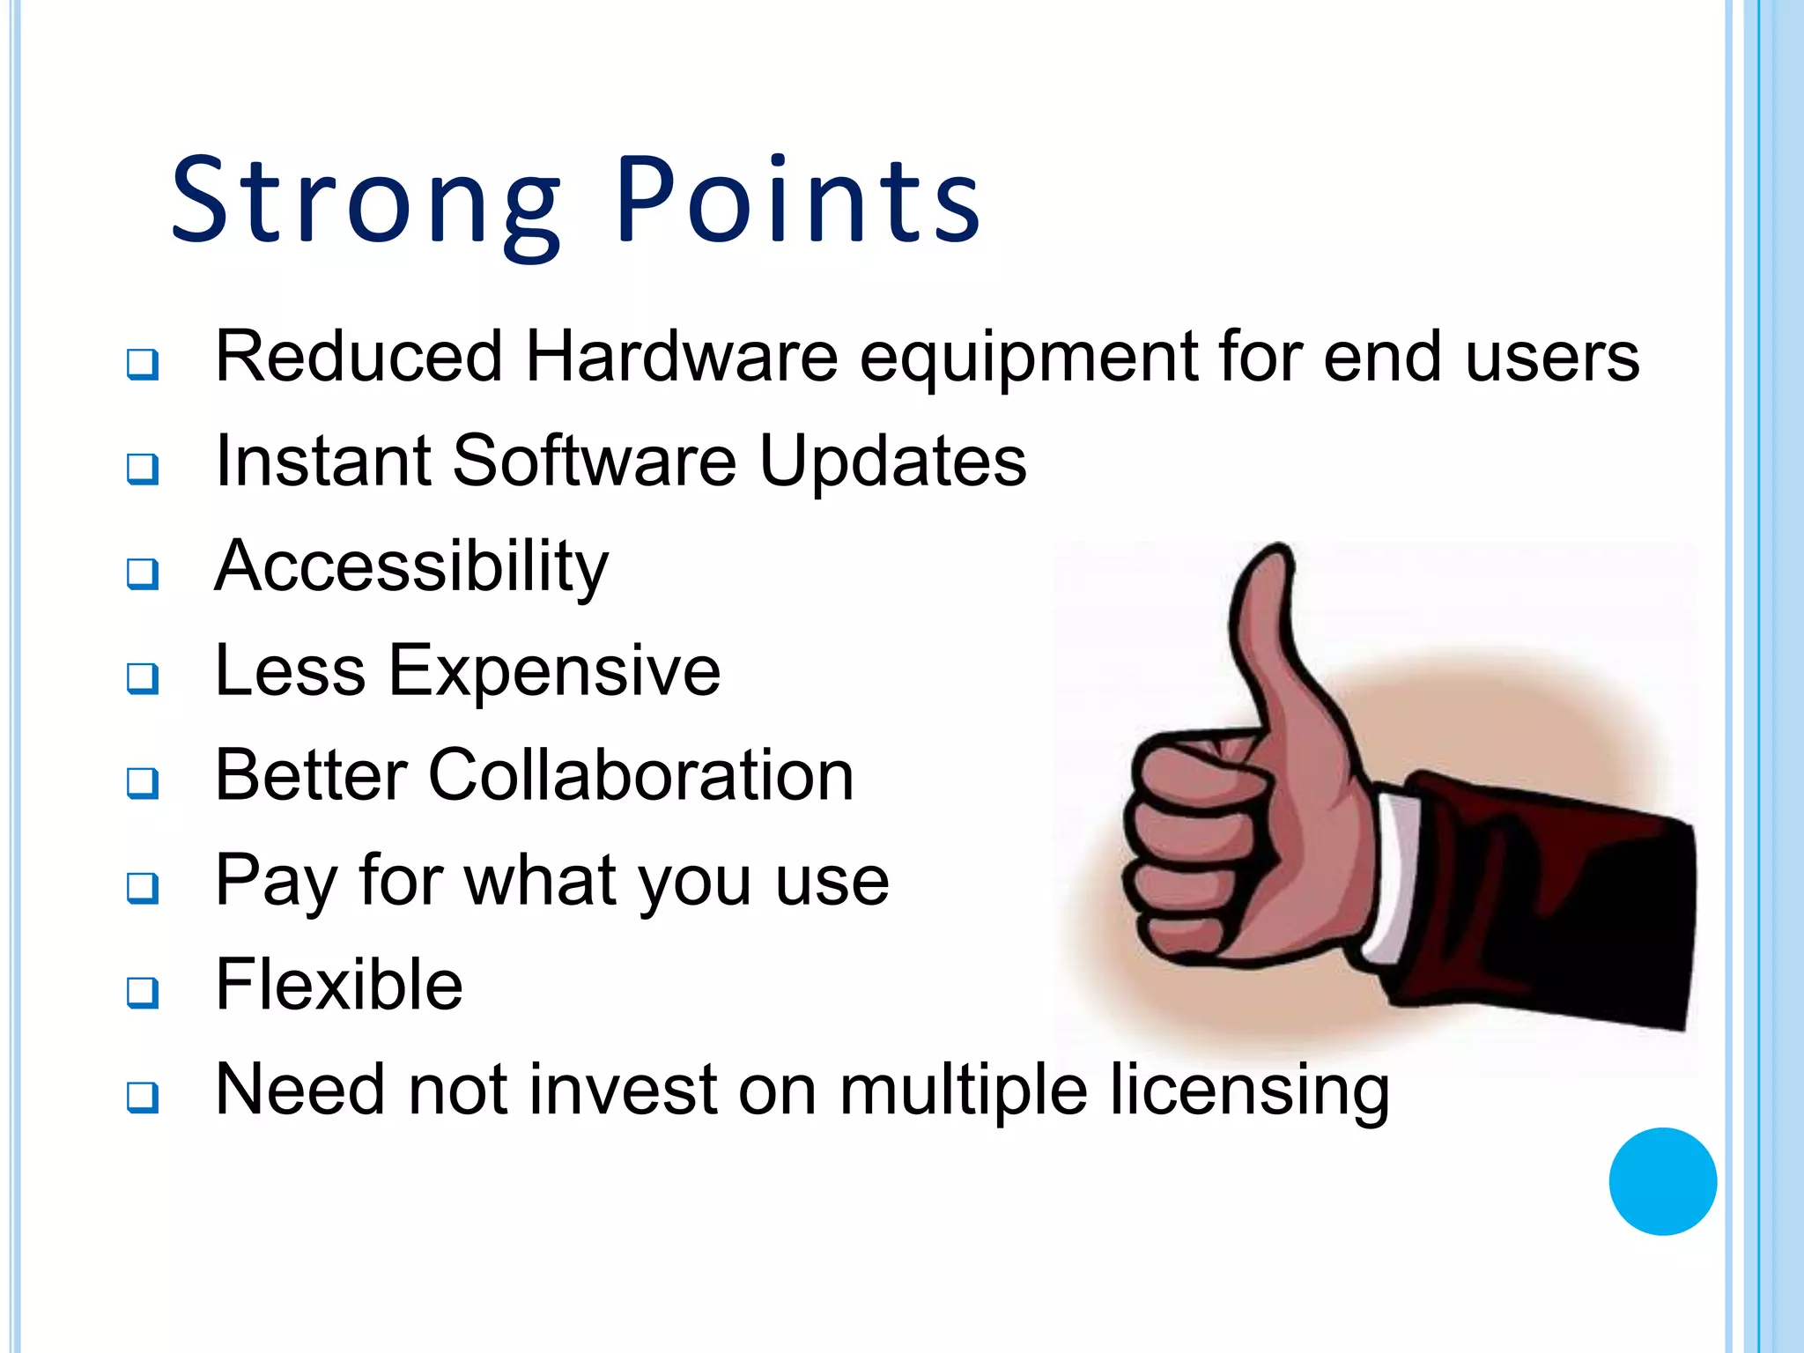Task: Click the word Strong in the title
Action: (365, 201)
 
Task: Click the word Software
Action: (594, 461)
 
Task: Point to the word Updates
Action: (892, 462)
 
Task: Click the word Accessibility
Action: (411, 566)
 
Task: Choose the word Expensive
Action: (554, 671)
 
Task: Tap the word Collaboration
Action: (640, 776)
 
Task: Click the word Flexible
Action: (339, 985)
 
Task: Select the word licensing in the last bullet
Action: (1249, 1091)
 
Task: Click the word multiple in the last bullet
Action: (963, 1091)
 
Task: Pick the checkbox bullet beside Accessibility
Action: (143, 573)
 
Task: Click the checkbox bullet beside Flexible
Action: (143, 993)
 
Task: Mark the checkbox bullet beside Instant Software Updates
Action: (143, 469)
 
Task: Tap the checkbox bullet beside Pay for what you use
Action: (143, 888)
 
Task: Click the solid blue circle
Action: (1662, 1181)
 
